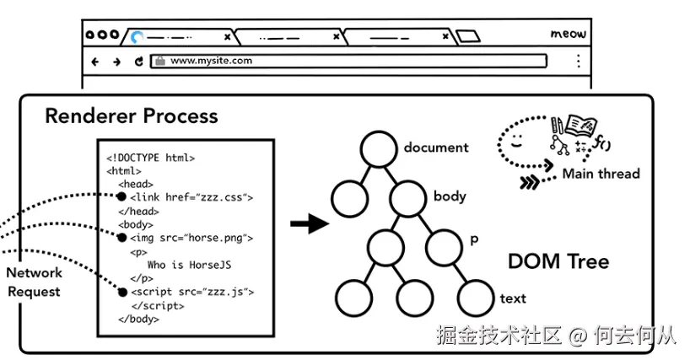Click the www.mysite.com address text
(211, 61)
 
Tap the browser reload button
(139, 62)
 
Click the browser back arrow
(95, 62)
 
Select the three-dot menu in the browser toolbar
(579, 61)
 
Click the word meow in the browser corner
(568, 34)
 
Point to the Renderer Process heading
(131, 116)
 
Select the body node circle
(408, 197)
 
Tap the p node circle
(444, 246)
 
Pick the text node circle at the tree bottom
(475, 297)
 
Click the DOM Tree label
(558, 261)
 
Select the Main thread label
(601, 174)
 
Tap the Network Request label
(35, 282)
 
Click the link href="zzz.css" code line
(191, 197)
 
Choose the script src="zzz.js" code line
(191, 292)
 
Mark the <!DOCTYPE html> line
(151, 157)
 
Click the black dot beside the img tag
(121, 238)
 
